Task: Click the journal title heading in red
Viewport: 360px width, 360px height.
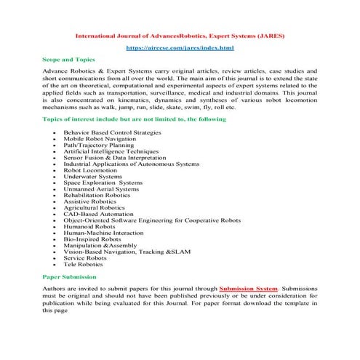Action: click(180, 33)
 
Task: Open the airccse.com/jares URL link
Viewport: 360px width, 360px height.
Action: click(180, 48)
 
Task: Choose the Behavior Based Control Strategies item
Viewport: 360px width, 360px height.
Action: click(111, 132)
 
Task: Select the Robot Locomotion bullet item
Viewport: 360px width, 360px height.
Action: click(90, 172)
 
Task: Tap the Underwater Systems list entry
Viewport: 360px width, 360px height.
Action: click(92, 178)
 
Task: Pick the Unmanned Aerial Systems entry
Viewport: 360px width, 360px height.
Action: click(100, 191)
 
